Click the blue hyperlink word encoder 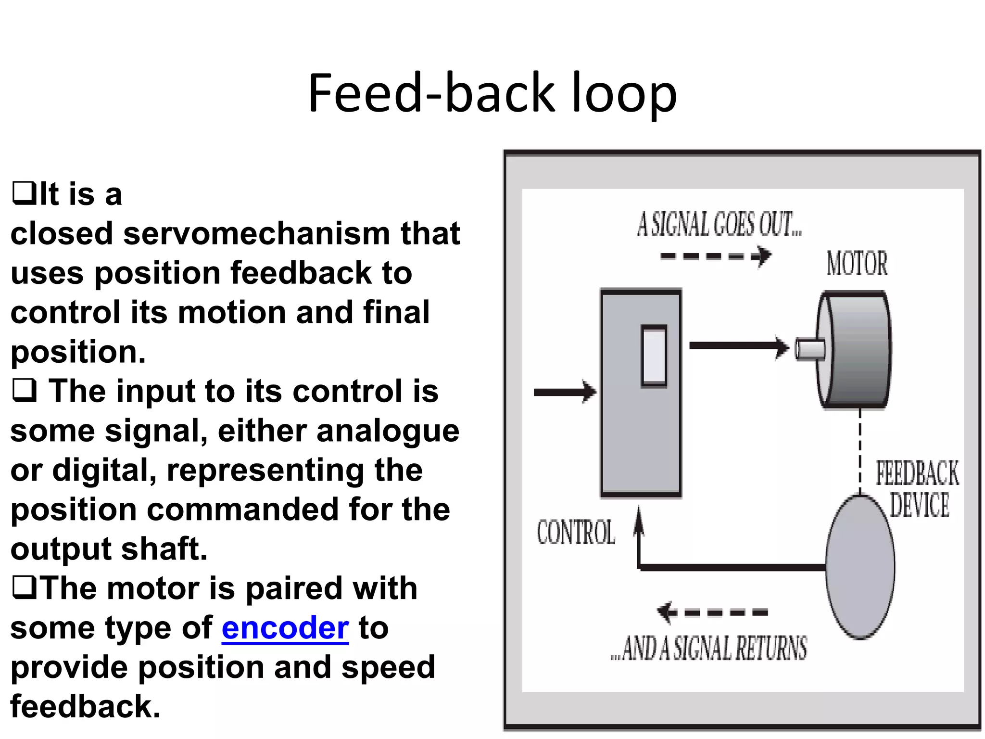pyautogui.click(x=285, y=628)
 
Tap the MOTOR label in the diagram pyautogui.click(x=857, y=263)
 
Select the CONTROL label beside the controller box pyautogui.click(x=576, y=533)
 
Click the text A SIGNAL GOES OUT pyautogui.click(x=719, y=225)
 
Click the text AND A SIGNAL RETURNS pyautogui.click(x=709, y=648)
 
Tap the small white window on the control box pyautogui.click(x=654, y=356)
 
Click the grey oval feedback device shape pyautogui.click(x=860, y=568)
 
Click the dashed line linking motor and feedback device pyautogui.click(x=860, y=452)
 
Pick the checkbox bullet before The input pyautogui.click(x=24, y=391)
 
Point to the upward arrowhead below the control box pyautogui.click(x=639, y=520)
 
